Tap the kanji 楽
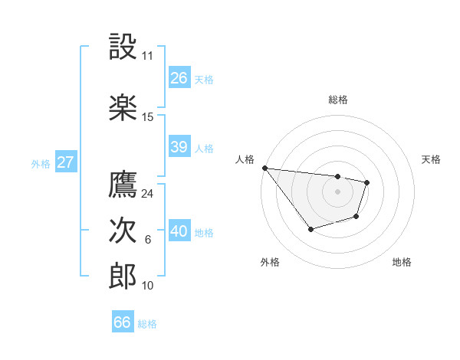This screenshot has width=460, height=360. [x=123, y=107]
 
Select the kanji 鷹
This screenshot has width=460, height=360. [x=123, y=184]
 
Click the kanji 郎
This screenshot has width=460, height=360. [x=123, y=277]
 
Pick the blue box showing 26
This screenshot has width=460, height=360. [x=179, y=78]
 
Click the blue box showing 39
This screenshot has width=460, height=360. [x=179, y=147]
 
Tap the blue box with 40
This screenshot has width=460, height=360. [x=179, y=231]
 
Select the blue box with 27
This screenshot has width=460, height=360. [x=66, y=162]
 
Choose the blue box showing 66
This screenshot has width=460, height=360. [x=123, y=322]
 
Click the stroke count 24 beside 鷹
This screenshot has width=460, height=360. [x=148, y=194]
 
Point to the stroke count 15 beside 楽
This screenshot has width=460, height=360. [x=148, y=117]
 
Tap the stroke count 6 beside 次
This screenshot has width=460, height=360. [x=148, y=240]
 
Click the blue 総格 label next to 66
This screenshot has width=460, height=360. [x=147, y=324]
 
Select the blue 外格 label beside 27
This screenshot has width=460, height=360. [x=41, y=163]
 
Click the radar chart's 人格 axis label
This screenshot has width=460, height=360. [x=245, y=159]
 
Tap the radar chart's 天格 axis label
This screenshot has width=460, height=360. [x=432, y=159]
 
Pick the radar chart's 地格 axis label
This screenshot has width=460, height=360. [x=402, y=262]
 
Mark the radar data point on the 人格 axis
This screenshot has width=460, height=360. [x=264, y=168]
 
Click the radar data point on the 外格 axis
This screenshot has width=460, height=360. [x=310, y=229]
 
